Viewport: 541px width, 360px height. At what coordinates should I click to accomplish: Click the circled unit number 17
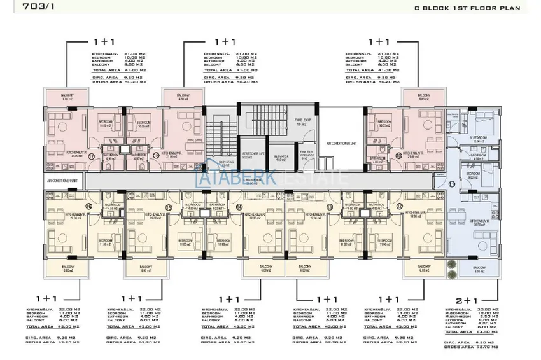pyautogui.click(x=91, y=155)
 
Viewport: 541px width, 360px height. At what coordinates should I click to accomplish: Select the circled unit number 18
pyautogui.click(x=156, y=155)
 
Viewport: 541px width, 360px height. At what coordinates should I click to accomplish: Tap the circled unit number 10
pyautogui.click(x=399, y=155)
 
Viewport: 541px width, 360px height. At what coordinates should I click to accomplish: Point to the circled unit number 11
pyautogui.click(x=451, y=184)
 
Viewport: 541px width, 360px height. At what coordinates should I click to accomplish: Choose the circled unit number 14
pyautogui.click(x=239, y=207)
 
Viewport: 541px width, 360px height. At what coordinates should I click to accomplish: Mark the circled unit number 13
pyautogui.click(x=330, y=207)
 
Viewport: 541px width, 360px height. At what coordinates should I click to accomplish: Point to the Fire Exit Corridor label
pyautogui.click(x=306, y=155)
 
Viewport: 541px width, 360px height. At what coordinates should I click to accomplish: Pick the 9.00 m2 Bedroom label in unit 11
pyautogui.click(x=472, y=176)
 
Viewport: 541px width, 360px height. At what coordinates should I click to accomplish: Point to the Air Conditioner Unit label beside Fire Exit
pyautogui.click(x=342, y=144)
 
